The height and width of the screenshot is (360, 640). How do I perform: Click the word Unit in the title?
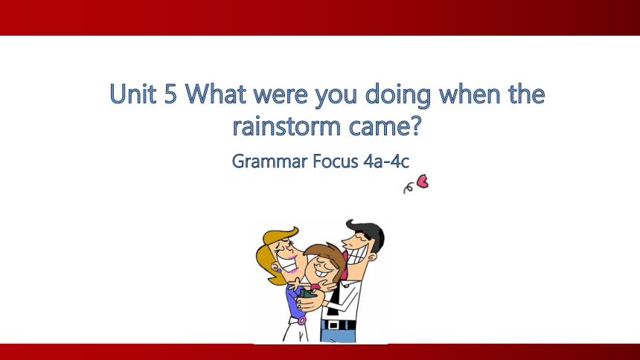point(133,94)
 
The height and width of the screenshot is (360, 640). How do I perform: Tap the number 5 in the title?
point(170,94)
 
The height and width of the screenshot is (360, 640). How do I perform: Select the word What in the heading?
point(216,94)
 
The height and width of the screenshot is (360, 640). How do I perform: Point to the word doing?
point(397,96)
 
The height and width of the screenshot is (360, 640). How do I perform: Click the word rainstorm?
point(287,126)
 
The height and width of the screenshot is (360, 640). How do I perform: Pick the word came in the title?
point(377,128)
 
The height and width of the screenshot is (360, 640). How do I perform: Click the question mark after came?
point(414,126)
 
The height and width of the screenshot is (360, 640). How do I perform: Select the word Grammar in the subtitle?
point(269,161)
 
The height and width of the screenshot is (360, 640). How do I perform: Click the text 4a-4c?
point(386,161)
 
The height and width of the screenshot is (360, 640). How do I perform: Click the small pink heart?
point(423,181)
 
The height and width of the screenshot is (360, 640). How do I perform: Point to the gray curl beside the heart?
point(408,189)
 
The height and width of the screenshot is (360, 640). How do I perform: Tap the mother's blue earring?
point(279,269)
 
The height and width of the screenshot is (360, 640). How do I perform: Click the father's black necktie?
point(334,299)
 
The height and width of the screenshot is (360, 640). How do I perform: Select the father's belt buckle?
point(333,325)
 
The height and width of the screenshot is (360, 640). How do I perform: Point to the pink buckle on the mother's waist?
point(302,320)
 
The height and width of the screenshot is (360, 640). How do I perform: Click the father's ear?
point(371,257)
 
